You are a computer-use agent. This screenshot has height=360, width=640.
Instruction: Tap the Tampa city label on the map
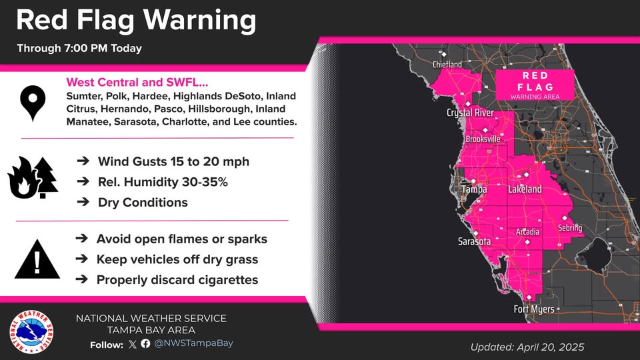[x=475, y=190]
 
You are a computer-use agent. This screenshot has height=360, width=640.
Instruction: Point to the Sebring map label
[x=570, y=229]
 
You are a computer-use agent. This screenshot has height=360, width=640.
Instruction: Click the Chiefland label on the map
[x=447, y=65]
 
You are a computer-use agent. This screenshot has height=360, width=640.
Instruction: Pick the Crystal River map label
[x=470, y=113]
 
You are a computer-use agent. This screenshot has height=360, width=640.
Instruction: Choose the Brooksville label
[x=483, y=139]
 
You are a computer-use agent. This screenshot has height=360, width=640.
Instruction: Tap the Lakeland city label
[x=525, y=190]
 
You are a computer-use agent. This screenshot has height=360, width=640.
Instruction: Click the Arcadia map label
[x=528, y=232]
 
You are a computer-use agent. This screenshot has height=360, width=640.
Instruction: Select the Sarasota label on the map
[x=474, y=241]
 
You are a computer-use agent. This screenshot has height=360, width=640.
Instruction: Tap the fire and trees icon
[x=33, y=179]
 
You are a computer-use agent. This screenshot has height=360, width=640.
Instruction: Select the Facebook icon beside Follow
[x=145, y=344]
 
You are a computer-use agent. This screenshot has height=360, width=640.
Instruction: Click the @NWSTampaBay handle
[x=193, y=344]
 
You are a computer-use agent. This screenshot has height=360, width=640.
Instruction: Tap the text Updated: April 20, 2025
[x=527, y=347]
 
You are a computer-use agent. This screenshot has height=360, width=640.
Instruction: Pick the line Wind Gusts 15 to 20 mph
[x=173, y=162]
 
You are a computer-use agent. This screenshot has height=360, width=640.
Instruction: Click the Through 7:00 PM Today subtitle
[x=79, y=49]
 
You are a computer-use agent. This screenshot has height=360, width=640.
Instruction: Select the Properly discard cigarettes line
[x=177, y=280]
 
